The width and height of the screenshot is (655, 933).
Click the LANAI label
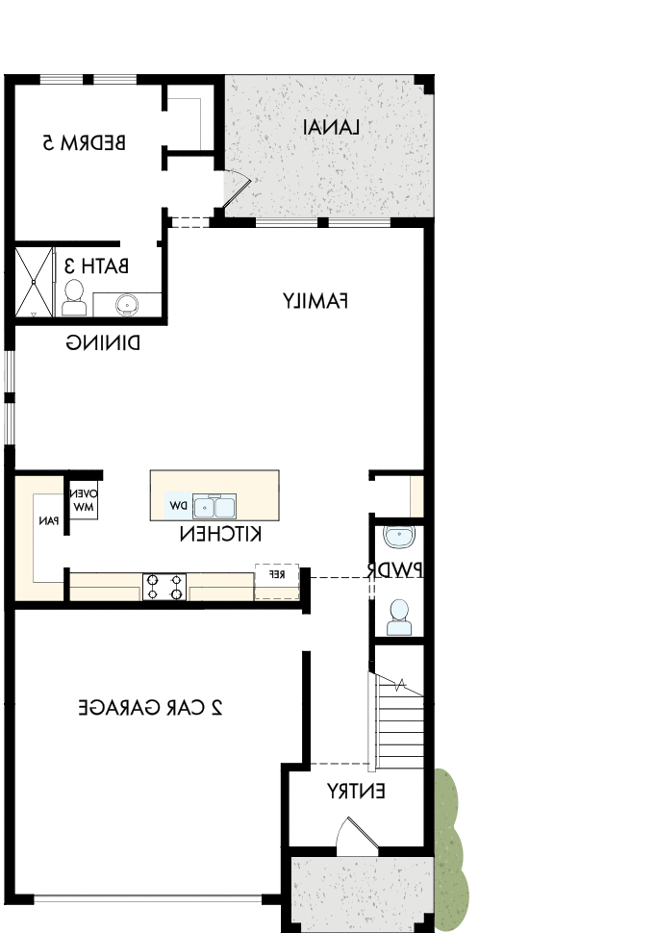[332, 127]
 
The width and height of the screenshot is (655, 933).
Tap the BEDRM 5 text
[85, 142]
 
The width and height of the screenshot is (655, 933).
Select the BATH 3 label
[95, 265]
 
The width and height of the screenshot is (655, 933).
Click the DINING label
[104, 341]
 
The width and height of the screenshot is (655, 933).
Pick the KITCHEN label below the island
[222, 534]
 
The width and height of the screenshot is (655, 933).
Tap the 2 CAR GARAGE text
[150, 708]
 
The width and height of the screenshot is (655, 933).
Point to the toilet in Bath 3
[74, 299]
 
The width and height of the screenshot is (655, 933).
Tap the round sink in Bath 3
[126, 304]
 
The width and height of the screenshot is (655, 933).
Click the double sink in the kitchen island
[214, 507]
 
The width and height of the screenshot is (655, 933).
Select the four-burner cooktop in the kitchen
[164, 587]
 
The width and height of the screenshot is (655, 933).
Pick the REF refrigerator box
[276, 574]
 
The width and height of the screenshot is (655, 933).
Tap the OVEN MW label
[84, 500]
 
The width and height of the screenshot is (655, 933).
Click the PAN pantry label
[47, 520]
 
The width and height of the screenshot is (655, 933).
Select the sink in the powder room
[396, 537]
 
